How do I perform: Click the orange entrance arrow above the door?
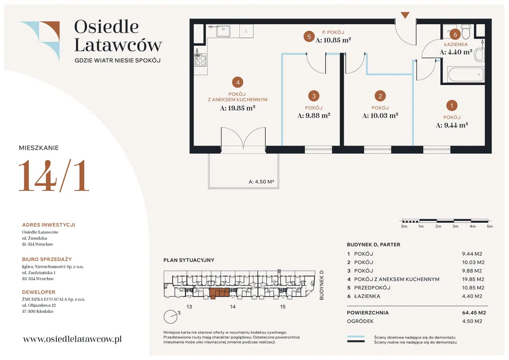[405, 15]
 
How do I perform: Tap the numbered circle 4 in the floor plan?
[238, 82]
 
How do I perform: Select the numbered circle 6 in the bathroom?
[455, 35]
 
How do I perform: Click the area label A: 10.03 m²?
[380, 115]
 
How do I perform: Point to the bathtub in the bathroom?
[466, 74]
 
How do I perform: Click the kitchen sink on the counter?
[223, 31]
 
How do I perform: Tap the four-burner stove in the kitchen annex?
[200, 60]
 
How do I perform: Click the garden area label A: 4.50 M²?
[261, 182]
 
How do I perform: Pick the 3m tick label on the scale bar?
[455, 226]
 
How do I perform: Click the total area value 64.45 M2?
[474, 313]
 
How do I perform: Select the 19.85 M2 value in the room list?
[473, 279]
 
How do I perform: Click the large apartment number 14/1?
[54, 176]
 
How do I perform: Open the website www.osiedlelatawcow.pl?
[72, 339]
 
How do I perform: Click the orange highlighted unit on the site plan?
[219, 294]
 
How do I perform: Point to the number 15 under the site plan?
[282, 307]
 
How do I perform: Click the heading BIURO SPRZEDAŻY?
[47, 259]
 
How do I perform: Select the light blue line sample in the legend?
[356, 337]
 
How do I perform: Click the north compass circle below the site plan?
[171, 317]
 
